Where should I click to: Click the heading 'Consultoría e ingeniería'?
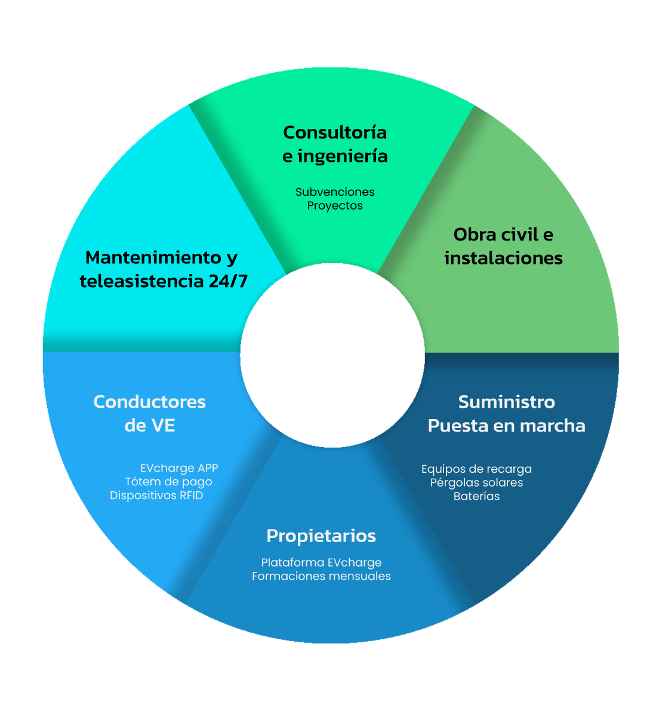335,144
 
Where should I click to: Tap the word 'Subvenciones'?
335,192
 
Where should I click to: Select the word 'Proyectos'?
335,206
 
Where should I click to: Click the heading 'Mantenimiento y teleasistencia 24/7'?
163,269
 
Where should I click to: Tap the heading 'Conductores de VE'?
150,413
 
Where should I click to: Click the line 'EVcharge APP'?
179,469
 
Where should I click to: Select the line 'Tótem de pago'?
168,482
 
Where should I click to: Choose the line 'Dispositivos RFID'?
156,496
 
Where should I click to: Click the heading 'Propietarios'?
321,536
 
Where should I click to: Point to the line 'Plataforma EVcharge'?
321,563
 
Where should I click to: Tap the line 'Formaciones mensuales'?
321,577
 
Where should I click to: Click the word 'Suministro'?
507,402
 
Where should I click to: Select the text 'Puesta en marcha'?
507,426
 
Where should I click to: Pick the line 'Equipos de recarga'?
476,469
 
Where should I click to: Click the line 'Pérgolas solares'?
476,483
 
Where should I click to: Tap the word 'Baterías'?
476,497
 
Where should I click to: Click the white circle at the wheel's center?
332,355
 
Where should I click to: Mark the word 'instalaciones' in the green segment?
503,258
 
